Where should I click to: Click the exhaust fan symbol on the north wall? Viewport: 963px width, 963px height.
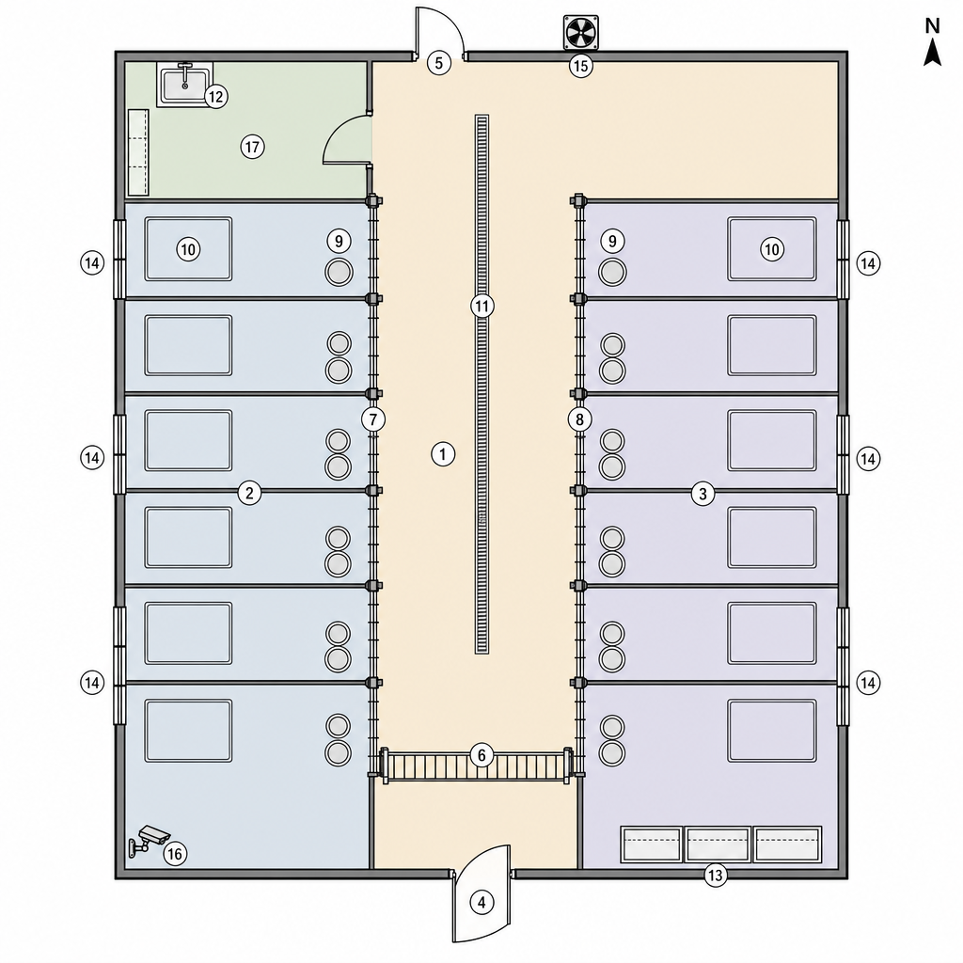tap(580, 33)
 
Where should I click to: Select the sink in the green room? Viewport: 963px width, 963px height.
tap(184, 84)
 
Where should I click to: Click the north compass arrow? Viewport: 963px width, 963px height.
tap(933, 51)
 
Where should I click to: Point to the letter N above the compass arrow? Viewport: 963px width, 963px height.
tap(932, 25)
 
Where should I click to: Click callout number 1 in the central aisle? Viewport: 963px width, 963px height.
tap(443, 454)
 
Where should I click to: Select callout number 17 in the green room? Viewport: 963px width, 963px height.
tap(252, 147)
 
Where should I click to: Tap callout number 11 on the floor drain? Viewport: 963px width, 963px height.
tap(482, 306)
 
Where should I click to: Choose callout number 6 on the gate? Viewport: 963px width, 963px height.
tap(481, 755)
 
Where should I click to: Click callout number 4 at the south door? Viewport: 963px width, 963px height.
tap(481, 902)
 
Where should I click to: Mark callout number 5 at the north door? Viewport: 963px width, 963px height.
tap(438, 63)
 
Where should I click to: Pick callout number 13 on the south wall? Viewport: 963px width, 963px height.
tap(716, 876)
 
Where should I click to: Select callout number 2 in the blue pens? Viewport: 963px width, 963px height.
tap(249, 493)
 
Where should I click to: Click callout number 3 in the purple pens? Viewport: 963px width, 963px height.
tap(703, 493)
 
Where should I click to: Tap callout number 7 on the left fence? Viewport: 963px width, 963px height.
tap(373, 419)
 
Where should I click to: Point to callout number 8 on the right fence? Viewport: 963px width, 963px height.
tap(579, 419)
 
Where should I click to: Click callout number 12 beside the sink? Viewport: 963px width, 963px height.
tap(215, 97)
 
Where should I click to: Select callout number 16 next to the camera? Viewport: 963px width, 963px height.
tap(175, 854)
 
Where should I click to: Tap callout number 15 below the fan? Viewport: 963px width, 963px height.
tap(580, 65)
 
